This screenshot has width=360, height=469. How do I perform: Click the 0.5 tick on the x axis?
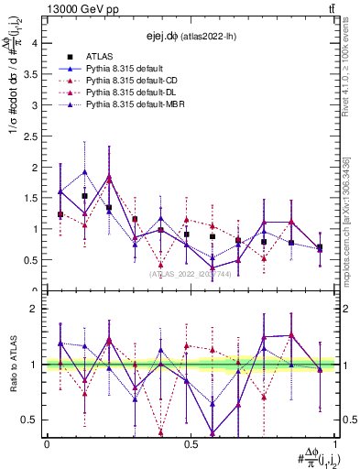click(x=191, y=444)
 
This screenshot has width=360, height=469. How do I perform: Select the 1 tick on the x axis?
click(x=335, y=444)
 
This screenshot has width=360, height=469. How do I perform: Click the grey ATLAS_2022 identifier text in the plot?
click(x=191, y=274)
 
